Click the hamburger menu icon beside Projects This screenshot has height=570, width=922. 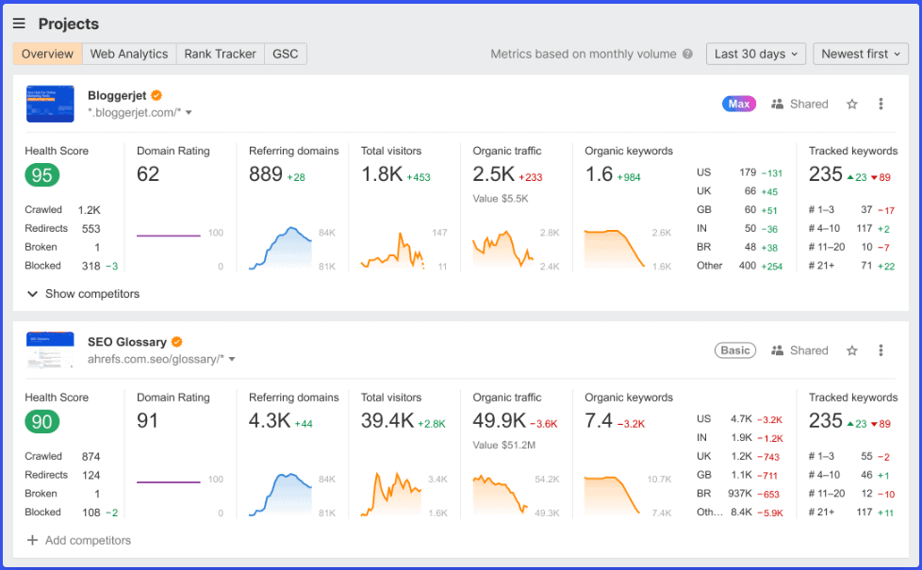(x=19, y=24)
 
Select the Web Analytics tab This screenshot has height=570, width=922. (x=128, y=54)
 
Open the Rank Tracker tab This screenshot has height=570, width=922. (x=220, y=54)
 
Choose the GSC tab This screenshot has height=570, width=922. (x=285, y=54)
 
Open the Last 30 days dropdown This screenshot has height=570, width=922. (x=755, y=54)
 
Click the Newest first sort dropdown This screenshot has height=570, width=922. (x=860, y=54)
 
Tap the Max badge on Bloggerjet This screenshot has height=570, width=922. (x=739, y=104)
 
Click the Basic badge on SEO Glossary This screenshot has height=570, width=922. (x=735, y=350)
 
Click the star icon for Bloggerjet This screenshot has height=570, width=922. (x=852, y=104)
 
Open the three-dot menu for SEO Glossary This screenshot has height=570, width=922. (x=881, y=350)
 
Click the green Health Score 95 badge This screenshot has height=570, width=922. (x=41, y=175)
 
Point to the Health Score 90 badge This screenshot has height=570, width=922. (x=41, y=422)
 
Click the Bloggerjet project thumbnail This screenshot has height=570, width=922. (x=50, y=104)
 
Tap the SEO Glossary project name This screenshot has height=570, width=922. (x=127, y=342)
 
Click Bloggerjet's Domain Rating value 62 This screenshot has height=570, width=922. (x=148, y=174)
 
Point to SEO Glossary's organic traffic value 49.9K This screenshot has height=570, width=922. (x=500, y=421)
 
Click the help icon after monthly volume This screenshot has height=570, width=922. (x=687, y=54)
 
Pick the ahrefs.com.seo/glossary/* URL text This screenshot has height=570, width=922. (x=156, y=359)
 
